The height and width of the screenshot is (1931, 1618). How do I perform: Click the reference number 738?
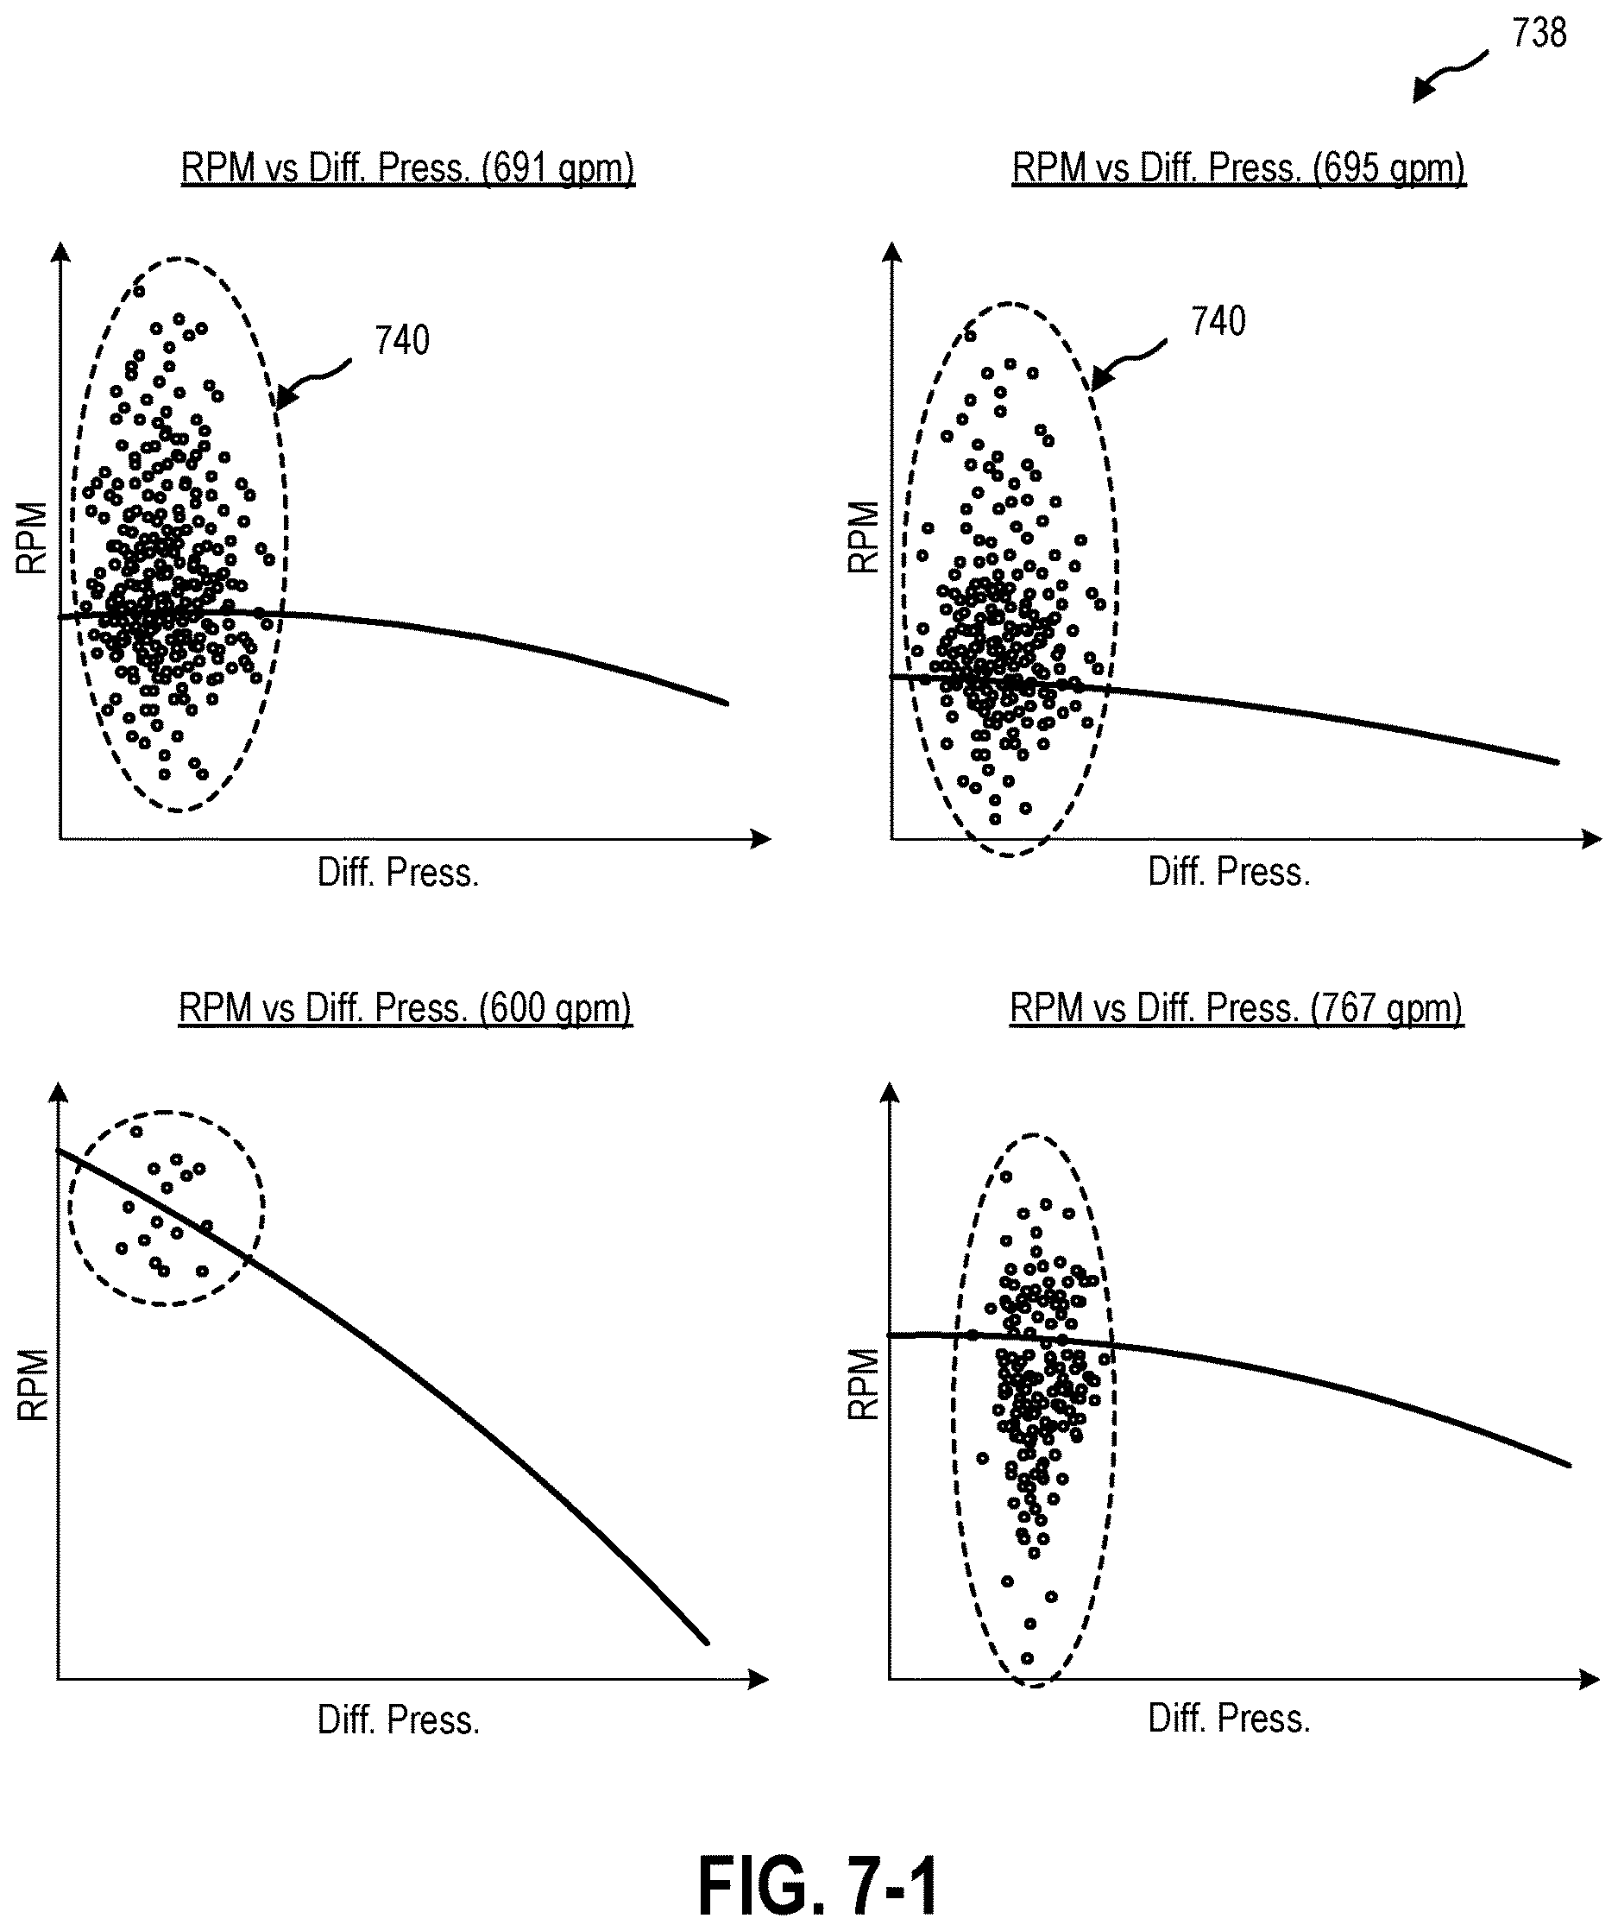(1539, 33)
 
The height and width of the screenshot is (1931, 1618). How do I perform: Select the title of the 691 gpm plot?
(407, 168)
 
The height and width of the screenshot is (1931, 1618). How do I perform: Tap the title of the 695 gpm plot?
(1238, 168)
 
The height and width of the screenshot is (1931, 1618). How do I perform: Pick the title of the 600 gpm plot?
(406, 1008)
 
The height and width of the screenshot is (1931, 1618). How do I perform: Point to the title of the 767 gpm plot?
(1237, 1008)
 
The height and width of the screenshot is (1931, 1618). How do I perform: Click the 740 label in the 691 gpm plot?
(402, 341)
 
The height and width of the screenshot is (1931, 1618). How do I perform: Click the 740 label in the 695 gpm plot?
(1218, 322)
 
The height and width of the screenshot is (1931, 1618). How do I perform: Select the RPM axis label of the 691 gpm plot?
(32, 538)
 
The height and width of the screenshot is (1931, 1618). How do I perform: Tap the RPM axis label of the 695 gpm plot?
(863, 537)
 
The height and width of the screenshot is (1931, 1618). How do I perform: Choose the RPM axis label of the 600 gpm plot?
(33, 1385)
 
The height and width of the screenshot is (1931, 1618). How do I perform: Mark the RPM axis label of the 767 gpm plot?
(863, 1384)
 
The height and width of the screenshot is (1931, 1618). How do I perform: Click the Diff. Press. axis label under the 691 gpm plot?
(398, 873)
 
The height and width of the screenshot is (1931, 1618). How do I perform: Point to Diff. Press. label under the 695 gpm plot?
(1229, 872)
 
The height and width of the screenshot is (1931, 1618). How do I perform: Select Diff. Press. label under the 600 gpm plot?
(399, 1720)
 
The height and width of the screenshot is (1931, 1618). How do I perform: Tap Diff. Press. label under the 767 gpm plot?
(1229, 1719)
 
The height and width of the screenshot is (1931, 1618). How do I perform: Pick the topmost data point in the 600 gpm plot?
(136, 1132)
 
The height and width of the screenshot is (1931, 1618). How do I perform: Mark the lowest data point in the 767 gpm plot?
(1027, 1659)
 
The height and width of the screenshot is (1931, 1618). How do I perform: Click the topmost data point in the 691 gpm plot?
(139, 292)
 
